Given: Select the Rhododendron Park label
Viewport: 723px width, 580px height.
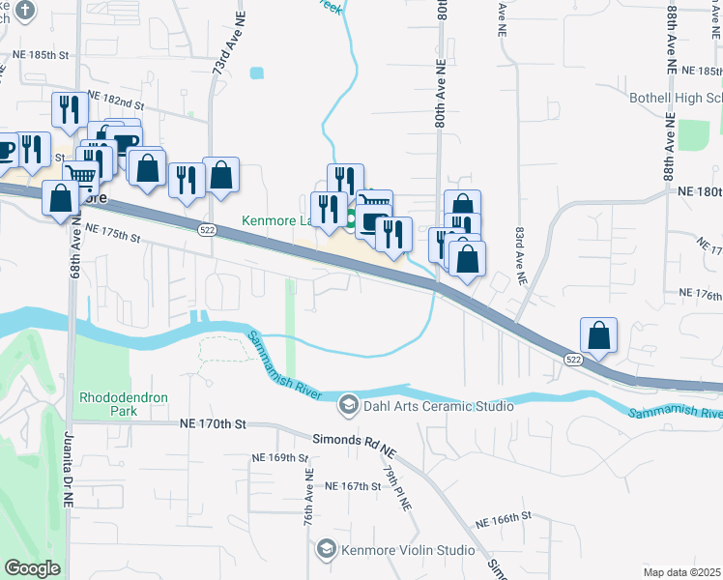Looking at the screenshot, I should pyautogui.click(x=121, y=404).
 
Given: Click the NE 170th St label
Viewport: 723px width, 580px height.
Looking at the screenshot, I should pyautogui.click(x=214, y=423).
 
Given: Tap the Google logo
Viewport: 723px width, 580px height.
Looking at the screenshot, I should pyautogui.click(x=32, y=568).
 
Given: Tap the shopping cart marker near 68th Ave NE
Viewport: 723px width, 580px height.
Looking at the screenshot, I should pyautogui.click(x=81, y=175).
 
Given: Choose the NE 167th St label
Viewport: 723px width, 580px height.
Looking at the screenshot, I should pyautogui.click(x=354, y=486).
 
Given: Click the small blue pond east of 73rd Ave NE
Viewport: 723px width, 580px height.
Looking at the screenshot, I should pyautogui.click(x=256, y=72).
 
